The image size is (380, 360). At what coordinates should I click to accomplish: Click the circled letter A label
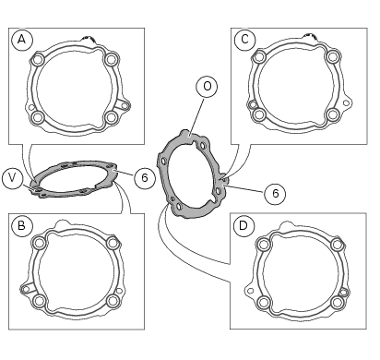21,40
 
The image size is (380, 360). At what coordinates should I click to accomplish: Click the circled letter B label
21,226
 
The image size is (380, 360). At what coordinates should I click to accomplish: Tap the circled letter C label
244,40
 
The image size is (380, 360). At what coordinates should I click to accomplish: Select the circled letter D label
243,226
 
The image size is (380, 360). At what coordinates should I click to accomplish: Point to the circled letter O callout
207,86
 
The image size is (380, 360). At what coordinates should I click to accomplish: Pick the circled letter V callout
12,178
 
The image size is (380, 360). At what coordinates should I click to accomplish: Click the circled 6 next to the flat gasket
145,177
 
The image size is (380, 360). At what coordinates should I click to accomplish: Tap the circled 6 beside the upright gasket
275,193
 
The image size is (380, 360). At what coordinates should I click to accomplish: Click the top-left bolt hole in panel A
38,59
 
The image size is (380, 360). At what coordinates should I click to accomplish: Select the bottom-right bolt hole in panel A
111,117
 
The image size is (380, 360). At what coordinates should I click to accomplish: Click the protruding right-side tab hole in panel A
125,105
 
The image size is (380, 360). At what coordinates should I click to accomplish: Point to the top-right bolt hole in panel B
113,244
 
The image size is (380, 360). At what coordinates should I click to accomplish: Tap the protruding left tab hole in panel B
26,289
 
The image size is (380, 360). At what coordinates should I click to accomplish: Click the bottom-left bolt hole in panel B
40,301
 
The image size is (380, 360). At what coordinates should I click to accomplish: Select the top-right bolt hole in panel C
333,56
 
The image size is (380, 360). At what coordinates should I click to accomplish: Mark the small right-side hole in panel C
346,102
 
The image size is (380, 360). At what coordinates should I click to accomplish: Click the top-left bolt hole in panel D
263,245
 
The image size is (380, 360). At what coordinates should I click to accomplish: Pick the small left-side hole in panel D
251,291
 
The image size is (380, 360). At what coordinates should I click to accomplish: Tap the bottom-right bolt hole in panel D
337,302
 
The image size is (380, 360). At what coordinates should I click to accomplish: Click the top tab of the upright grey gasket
185,134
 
